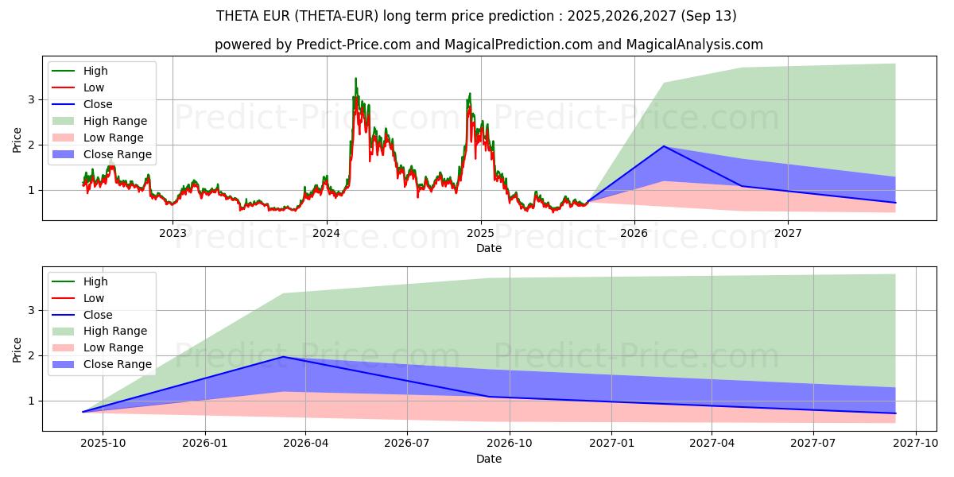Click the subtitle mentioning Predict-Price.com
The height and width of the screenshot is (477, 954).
click(x=488, y=45)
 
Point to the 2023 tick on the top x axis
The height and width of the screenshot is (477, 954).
click(x=173, y=233)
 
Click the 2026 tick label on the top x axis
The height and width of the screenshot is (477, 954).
click(x=634, y=233)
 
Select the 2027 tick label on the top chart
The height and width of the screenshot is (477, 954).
click(x=788, y=233)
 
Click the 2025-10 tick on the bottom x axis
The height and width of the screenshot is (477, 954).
click(x=103, y=444)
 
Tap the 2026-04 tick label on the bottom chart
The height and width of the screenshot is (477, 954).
click(x=306, y=444)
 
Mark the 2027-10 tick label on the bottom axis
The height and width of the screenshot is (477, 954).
click(x=917, y=444)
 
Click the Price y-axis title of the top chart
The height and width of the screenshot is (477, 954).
click(x=17, y=140)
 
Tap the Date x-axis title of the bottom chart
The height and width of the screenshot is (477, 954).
click(x=488, y=459)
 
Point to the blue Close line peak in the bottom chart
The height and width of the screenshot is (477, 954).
click(x=283, y=356)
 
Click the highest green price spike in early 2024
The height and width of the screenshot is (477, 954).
click(x=355, y=78)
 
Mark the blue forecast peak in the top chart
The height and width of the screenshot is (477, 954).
click(x=664, y=146)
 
